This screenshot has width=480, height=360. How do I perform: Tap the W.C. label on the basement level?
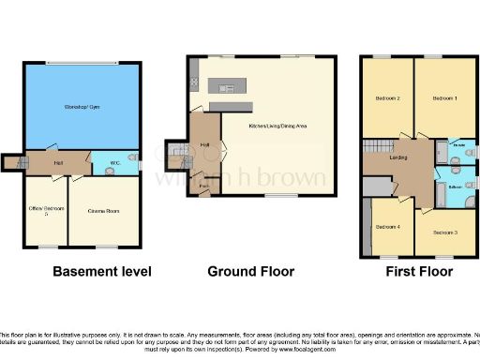click(114, 162)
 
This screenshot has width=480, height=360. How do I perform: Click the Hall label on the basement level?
click(57, 162)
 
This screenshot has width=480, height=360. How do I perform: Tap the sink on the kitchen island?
click(226, 88)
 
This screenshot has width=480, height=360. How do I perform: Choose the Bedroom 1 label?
click(443, 97)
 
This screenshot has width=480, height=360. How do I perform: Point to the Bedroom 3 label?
click(444, 231)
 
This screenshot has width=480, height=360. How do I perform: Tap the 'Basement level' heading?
click(101, 272)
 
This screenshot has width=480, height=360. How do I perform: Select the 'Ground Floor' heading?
click(250, 272)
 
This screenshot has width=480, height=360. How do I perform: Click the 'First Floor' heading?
click(418, 272)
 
